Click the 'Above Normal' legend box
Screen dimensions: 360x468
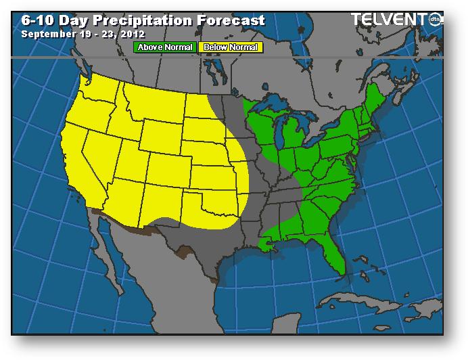pos(165,47)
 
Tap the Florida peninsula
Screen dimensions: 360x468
pos(335,254)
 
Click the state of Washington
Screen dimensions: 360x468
pos(98,88)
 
